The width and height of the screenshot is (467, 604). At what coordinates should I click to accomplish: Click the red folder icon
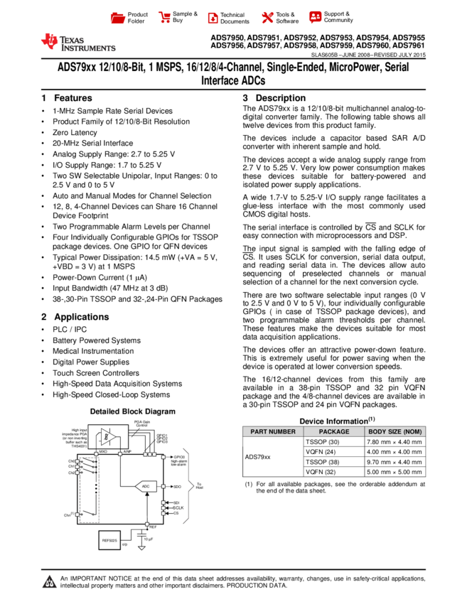click(x=118, y=18)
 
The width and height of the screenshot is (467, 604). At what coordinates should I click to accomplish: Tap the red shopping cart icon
click(x=165, y=18)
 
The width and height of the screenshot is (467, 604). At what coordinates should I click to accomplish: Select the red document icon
click(x=213, y=18)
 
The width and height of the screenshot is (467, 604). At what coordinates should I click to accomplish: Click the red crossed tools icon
click(x=267, y=18)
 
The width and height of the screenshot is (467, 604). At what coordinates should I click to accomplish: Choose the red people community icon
click(x=316, y=16)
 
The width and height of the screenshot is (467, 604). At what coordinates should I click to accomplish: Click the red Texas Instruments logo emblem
click(x=50, y=41)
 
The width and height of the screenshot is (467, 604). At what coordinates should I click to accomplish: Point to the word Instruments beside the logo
click(x=88, y=48)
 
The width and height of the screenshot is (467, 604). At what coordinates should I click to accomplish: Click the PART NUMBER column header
click(x=273, y=431)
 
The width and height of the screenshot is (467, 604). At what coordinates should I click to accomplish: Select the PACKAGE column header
click(x=334, y=431)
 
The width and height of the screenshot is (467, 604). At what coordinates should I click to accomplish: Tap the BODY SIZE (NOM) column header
click(x=395, y=431)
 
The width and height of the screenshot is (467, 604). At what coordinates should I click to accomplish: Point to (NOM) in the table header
click(x=412, y=431)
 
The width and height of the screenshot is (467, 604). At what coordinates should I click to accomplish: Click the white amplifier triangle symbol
click(x=107, y=436)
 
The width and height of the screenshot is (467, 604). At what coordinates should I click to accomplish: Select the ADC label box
click(x=146, y=486)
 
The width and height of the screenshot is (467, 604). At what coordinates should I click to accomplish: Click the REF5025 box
click(x=109, y=540)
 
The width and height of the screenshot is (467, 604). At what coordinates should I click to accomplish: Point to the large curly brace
click(x=188, y=486)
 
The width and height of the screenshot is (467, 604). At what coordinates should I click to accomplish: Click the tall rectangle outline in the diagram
click(x=89, y=490)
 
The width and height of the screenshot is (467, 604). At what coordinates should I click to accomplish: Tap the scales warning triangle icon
click(x=49, y=582)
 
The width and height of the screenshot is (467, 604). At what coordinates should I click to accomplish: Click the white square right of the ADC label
click(x=163, y=486)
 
